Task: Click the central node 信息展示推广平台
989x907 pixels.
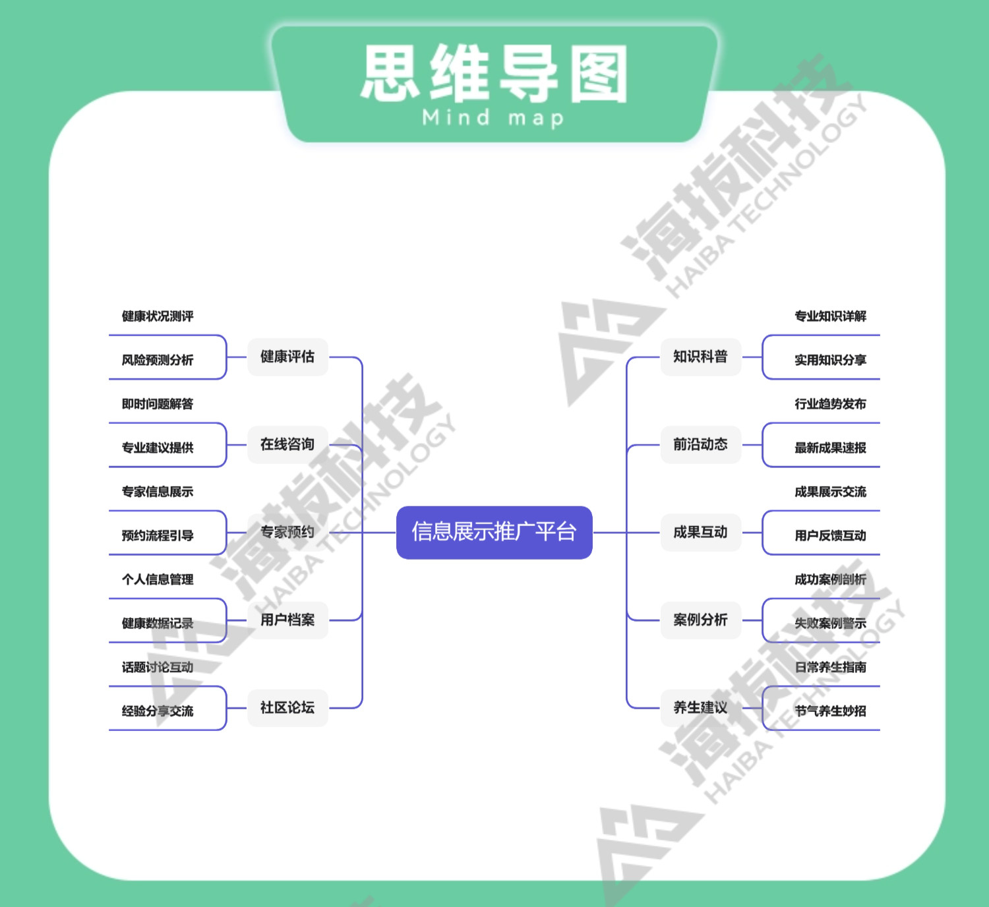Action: pyautogui.click(x=494, y=532)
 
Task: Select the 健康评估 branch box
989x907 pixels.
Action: pyautogui.click(x=287, y=357)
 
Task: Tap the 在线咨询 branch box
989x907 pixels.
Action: pyautogui.click(x=287, y=444)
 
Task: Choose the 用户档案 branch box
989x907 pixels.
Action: pyautogui.click(x=287, y=620)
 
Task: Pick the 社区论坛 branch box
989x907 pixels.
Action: pyautogui.click(x=287, y=707)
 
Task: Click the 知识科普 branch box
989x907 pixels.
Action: pyautogui.click(x=700, y=357)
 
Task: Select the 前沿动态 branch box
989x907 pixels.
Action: pyautogui.click(x=700, y=444)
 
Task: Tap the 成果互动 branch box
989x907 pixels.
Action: pyautogui.click(x=700, y=532)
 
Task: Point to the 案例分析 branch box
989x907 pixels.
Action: pyautogui.click(x=700, y=620)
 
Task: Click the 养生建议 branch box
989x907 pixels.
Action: pyautogui.click(x=700, y=707)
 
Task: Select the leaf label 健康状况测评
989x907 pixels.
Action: pyautogui.click(x=158, y=316)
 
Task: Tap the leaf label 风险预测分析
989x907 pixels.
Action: pyautogui.click(x=158, y=360)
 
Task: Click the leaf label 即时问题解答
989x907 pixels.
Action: pyautogui.click(x=158, y=404)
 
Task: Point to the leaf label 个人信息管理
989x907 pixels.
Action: pyautogui.click(x=158, y=579)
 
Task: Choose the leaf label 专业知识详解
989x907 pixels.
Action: pyautogui.click(x=830, y=316)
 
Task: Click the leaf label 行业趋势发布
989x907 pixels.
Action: pyautogui.click(x=830, y=404)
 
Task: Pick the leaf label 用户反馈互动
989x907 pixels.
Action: pyautogui.click(x=830, y=535)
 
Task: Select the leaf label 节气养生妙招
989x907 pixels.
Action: pyautogui.click(x=830, y=711)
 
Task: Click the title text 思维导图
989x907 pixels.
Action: pyautogui.click(x=494, y=74)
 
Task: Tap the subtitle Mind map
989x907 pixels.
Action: pyautogui.click(x=494, y=118)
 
